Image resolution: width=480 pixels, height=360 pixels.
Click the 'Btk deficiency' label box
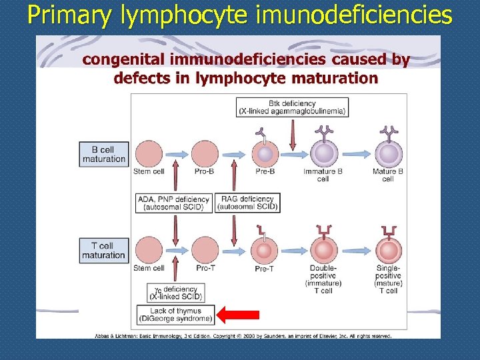(x=293, y=107)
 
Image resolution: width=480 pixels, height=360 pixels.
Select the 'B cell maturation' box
(x=103, y=153)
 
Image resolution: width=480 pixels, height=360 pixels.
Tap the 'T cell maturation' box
(x=103, y=251)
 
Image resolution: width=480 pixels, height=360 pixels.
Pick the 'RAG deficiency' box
(x=247, y=203)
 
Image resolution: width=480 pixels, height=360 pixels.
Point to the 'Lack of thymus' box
(x=175, y=315)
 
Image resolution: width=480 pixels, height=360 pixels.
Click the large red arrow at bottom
(x=239, y=315)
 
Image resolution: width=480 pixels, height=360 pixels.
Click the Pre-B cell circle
(x=265, y=154)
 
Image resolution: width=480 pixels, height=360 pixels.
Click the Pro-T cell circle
(x=205, y=251)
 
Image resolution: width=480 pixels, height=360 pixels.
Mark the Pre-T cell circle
(x=265, y=251)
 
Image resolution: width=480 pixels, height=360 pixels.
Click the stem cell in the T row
(x=149, y=251)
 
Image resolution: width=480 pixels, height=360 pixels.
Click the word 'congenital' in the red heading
(x=123, y=60)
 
